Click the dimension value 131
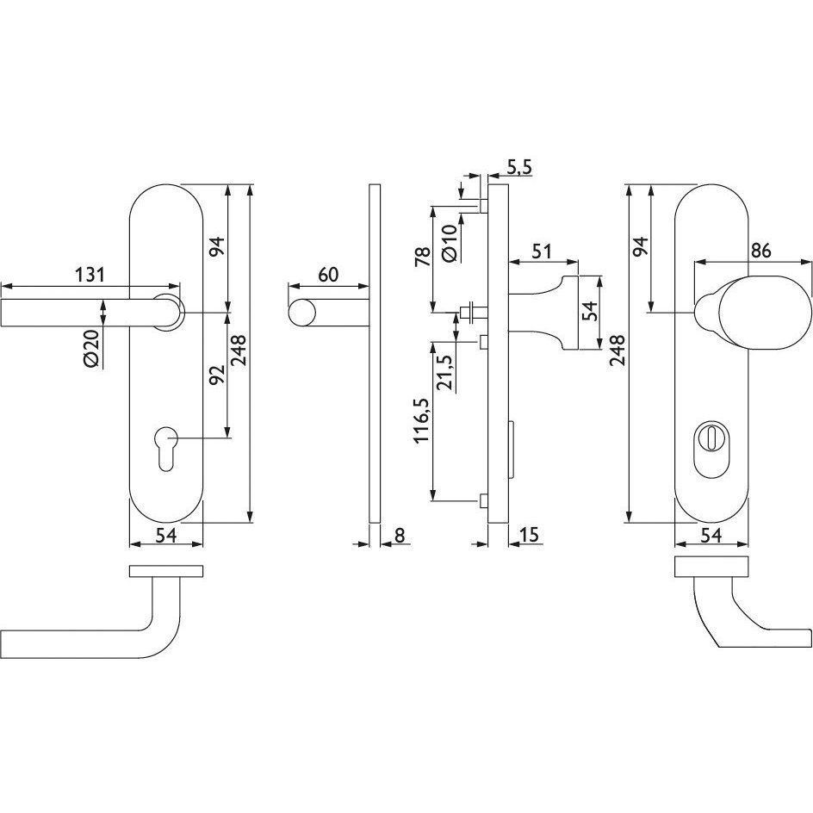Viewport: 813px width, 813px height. (x=90, y=274)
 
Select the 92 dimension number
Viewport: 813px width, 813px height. (x=217, y=375)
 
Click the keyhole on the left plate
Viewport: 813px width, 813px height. (x=166, y=449)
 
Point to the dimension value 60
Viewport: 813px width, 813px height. (x=328, y=274)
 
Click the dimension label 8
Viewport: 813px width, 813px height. (x=400, y=535)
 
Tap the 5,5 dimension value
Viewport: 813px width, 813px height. (x=519, y=167)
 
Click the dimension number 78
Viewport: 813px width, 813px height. (x=423, y=257)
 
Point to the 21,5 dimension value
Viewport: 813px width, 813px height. (x=444, y=373)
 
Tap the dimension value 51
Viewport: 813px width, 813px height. (x=542, y=252)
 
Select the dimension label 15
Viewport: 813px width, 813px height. (x=528, y=535)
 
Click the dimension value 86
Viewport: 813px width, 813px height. (x=760, y=251)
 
